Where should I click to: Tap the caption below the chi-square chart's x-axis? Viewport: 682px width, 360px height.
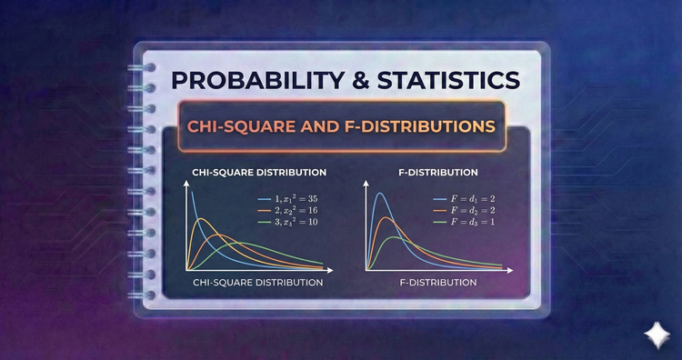coord(258,283)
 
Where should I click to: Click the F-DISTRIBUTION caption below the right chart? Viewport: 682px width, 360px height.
coord(438,283)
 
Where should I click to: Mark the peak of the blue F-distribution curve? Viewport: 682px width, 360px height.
coord(379,193)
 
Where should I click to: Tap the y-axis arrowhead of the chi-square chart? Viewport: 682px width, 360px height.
coord(186,183)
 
